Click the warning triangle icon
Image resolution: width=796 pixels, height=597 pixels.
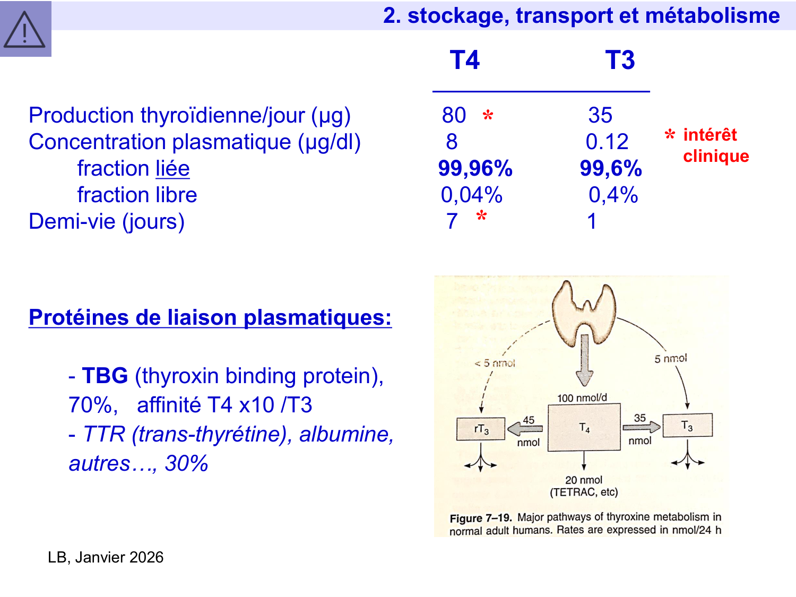tap(24, 30)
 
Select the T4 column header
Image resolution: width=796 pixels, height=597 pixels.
tap(464, 60)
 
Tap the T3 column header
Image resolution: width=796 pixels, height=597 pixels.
tap(620, 60)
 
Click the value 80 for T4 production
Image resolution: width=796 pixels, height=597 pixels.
tap(454, 115)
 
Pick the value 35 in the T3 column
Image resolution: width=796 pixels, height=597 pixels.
tap(600, 115)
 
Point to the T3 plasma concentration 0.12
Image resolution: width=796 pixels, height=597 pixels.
tap(607, 142)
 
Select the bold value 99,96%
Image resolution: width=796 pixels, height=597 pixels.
tap(475, 168)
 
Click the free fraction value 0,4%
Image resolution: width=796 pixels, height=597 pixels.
tap(613, 195)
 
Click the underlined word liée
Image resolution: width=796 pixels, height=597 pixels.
tap(172, 169)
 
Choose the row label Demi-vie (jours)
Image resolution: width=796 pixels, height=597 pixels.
tap(107, 221)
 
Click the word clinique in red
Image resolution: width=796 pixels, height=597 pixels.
tap(716, 156)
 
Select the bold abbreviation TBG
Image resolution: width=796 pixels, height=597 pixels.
tap(105, 376)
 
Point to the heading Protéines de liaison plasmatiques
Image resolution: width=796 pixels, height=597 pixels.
tap(210, 317)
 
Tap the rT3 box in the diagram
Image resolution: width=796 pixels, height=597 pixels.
tap(481, 429)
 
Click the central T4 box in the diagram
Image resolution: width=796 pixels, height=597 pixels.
tap(584, 428)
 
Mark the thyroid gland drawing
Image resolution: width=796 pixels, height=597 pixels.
tap(584, 313)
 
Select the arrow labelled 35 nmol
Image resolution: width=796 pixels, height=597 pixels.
tap(641, 427)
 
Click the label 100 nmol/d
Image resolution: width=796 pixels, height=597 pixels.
tap(582, 398)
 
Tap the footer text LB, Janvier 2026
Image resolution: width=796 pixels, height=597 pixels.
tap(106, 557)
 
